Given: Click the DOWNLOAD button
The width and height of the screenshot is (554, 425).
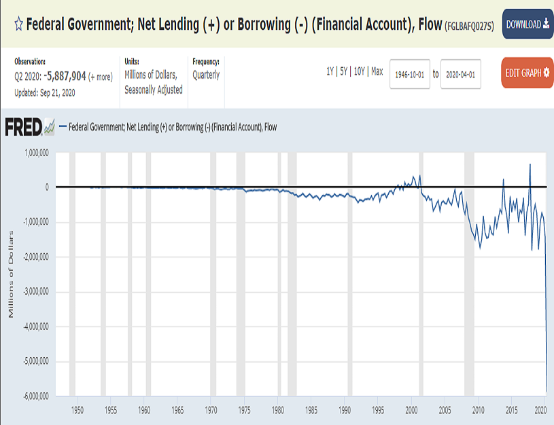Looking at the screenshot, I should coord(527,24).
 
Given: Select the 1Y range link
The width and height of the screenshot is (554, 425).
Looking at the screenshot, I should coord(330,71).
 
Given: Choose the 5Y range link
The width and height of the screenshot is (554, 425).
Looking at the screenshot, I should coord(344,71).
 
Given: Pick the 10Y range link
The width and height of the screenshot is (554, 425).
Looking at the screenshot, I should coord(360,71).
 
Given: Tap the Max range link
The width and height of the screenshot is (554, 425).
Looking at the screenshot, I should coord(377,71).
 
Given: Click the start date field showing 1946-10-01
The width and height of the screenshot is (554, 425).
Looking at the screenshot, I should coord(410,74).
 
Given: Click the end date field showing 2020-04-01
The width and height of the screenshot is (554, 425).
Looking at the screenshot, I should coord(461,74).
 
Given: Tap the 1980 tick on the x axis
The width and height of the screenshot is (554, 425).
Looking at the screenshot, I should coord(278,410).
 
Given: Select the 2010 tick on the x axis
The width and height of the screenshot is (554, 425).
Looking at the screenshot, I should coord(478,410).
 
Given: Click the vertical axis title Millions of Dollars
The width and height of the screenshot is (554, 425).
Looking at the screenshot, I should coord(11,274).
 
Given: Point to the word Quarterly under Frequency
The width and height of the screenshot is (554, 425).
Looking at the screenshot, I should coord(206,75).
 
